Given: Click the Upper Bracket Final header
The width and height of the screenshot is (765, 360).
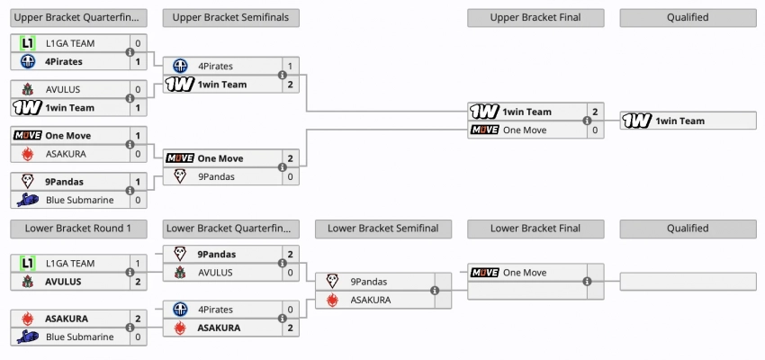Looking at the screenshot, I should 535,17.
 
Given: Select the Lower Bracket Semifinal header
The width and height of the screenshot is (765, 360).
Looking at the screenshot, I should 382,229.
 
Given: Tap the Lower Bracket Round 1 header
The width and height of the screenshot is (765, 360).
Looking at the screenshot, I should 78,229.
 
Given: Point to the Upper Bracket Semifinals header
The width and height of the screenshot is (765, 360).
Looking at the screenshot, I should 230,17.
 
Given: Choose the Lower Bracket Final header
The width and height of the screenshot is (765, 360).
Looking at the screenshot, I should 535,229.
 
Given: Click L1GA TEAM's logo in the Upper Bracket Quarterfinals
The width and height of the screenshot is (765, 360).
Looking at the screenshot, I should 27,43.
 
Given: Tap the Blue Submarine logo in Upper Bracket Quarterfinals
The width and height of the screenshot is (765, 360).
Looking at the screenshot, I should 27,201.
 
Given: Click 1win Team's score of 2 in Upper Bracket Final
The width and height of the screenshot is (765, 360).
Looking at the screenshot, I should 595,112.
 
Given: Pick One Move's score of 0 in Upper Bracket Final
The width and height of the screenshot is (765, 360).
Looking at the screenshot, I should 595,130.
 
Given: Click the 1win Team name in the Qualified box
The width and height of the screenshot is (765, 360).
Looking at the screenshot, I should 680,121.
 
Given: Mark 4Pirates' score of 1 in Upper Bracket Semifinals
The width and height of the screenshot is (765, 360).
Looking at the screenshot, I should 290,66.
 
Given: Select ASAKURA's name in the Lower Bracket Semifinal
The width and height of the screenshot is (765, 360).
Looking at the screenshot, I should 371,300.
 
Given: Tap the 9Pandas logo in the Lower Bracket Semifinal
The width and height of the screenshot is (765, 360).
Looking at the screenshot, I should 332,282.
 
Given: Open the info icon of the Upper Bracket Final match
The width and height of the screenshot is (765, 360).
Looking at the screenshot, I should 587,121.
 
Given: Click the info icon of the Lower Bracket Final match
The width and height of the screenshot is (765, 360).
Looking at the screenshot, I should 587,282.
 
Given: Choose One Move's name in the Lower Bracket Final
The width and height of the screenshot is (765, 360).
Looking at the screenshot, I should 525,273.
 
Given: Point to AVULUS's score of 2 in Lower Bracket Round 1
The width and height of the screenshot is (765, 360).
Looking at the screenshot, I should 138,282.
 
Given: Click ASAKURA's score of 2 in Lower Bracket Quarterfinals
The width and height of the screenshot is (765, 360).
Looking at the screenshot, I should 290,328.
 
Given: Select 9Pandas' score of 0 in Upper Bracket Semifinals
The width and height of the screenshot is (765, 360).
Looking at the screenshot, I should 290,176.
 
